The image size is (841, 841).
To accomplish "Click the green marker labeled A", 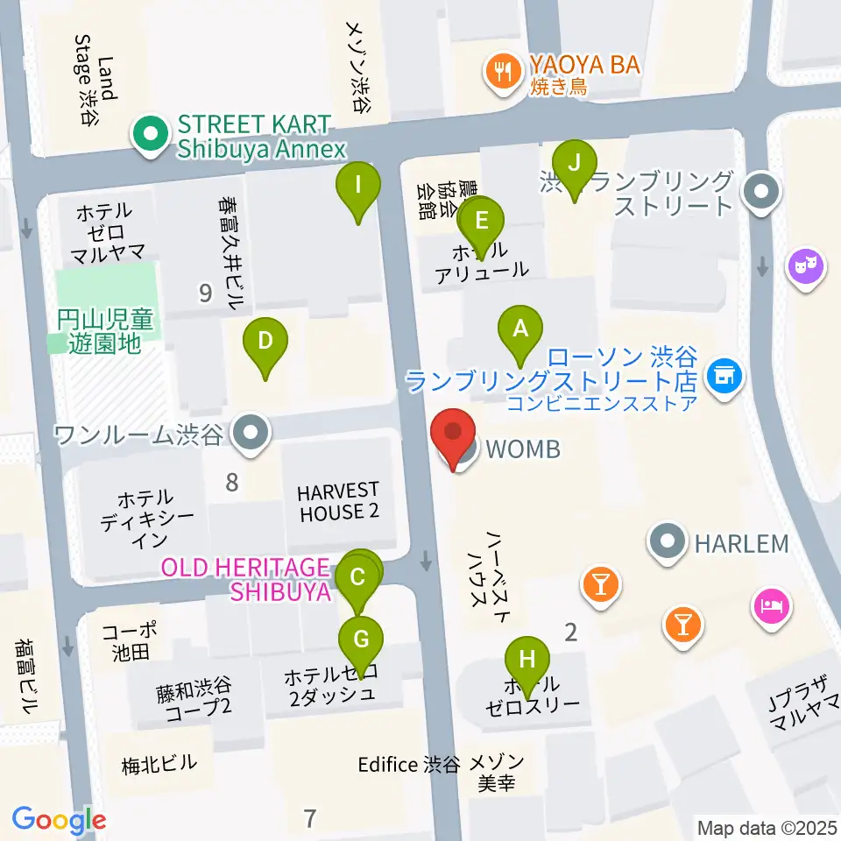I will [520, 331].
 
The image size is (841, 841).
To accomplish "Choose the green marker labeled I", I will [357, 187].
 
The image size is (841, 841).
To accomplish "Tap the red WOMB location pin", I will [453, 435].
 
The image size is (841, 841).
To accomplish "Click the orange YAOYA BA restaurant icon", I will [502, 71].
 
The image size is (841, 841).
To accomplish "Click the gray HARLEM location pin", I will [668, 543].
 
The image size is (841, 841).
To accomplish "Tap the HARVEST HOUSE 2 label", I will [338, 502].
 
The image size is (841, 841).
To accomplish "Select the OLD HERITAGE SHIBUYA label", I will [246, 580].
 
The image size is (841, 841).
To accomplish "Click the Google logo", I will [60, 819].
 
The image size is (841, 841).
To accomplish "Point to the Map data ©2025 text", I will [767, 827].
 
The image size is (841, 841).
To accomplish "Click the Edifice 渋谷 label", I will [408, 764].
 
